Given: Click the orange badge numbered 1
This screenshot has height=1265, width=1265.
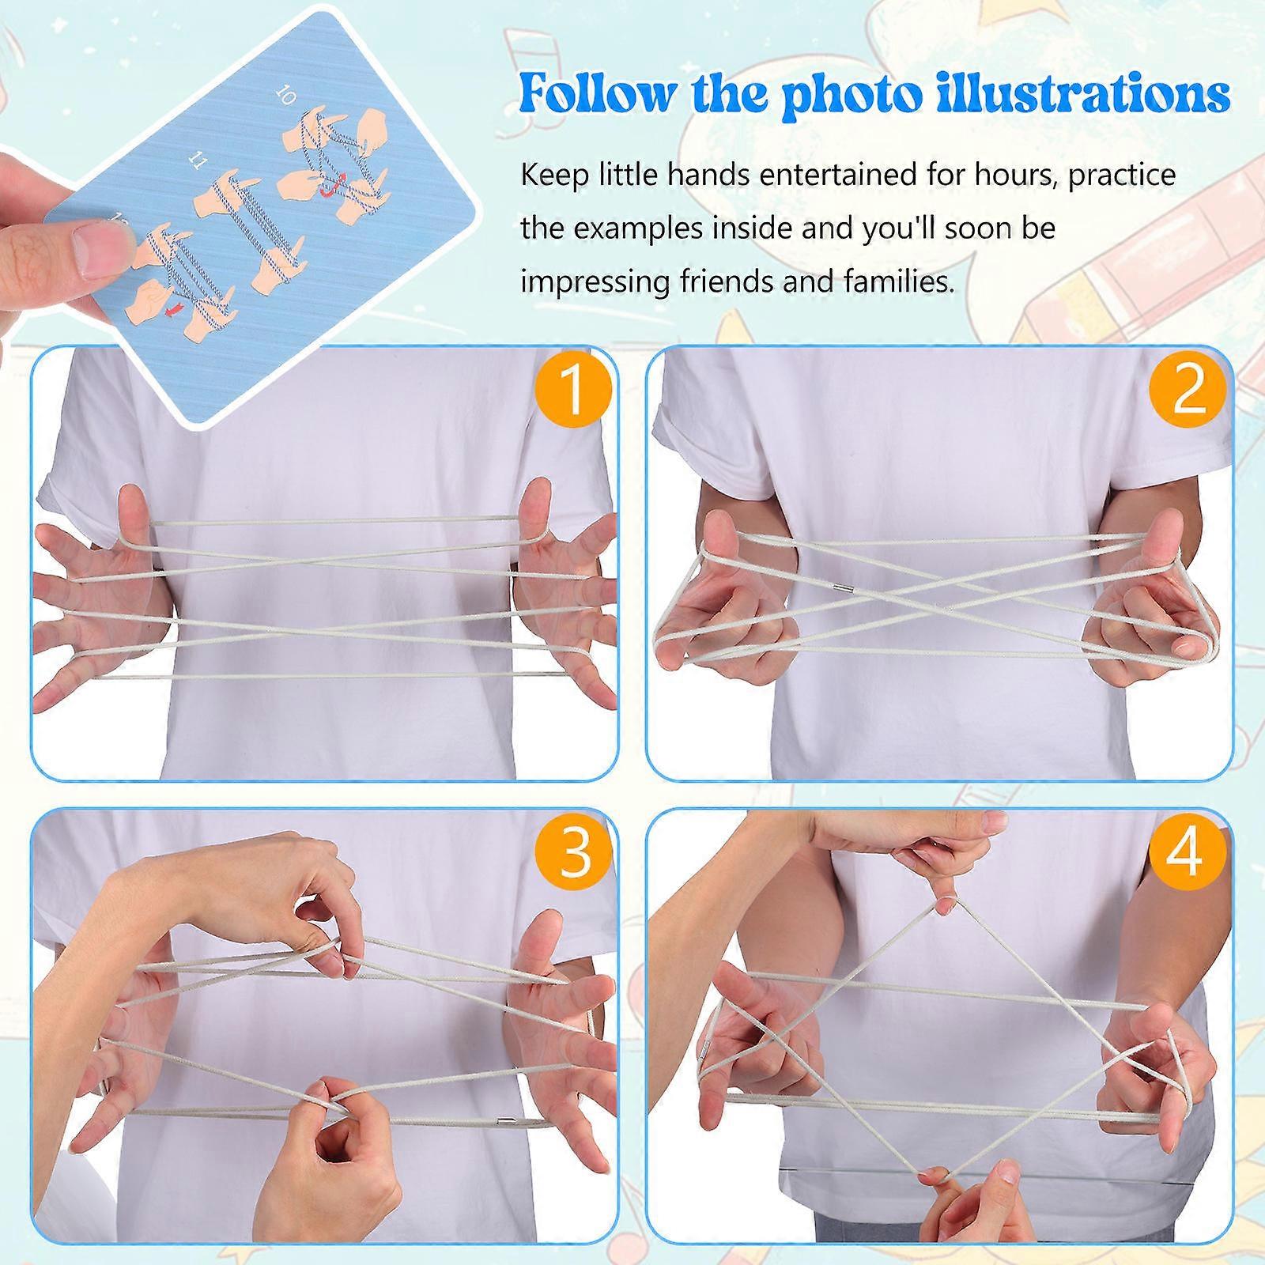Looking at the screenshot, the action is point(574,392).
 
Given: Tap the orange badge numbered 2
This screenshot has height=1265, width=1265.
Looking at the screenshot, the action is point(1188,392).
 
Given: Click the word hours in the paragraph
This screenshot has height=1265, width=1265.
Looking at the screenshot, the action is point(1013,174).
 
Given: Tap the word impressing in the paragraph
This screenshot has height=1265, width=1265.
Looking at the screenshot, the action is point(595,281).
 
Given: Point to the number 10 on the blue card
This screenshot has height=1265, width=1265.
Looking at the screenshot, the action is point(286,96).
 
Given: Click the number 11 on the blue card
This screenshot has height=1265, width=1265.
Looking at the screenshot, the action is point(198,161).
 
